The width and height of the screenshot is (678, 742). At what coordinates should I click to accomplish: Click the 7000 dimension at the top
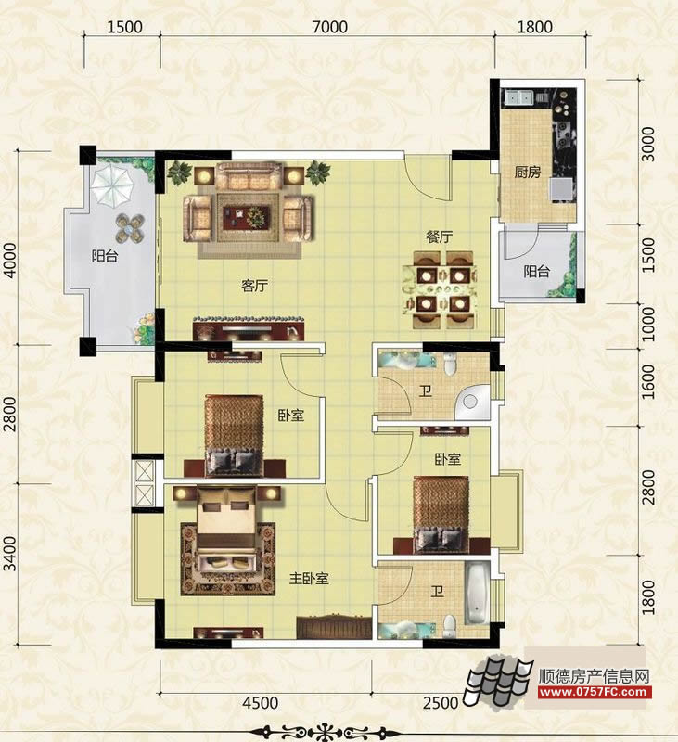(x=330, y=27)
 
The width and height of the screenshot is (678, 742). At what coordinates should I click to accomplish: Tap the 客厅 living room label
(x=254, y=286)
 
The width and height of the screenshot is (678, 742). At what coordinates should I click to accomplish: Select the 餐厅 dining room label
(x=440, y=237)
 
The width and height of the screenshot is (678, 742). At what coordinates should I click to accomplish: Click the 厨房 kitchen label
(x=528, y=172)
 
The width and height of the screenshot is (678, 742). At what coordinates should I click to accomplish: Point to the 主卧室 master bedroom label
(x=309, y=578)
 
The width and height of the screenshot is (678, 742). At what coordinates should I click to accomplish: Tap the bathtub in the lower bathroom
(x=477, y=593)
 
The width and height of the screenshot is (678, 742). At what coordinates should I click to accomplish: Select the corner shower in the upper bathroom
(x=473, y=403)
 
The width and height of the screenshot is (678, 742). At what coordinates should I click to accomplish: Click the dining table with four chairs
(x=439, y=289)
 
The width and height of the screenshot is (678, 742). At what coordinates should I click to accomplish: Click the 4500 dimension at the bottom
(x=261, y=703)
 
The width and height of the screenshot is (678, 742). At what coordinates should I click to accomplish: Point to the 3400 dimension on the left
(x=10, y=554)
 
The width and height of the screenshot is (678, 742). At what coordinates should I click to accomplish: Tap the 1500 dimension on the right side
(x=648, y=255)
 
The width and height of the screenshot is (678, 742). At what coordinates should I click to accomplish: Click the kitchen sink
(x=519, y=97)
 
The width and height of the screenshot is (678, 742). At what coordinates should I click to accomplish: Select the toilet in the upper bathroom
(x=450, y=364)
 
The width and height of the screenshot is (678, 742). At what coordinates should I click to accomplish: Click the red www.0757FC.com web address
(x=595, y=692)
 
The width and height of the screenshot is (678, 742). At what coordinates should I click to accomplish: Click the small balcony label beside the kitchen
(x=536, y=272)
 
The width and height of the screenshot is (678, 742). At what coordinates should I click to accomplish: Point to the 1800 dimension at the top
(x=534, y=27)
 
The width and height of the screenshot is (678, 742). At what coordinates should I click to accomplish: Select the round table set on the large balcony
(x=130, y=228)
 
